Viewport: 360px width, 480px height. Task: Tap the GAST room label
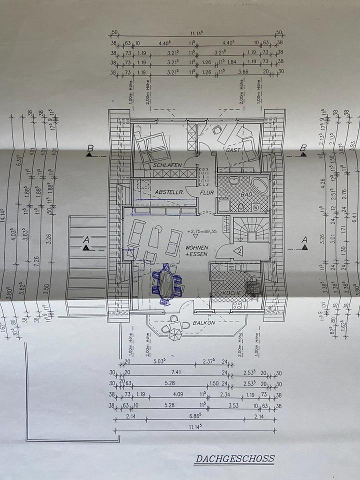(233, 149)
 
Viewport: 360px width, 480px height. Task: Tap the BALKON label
(204, 323)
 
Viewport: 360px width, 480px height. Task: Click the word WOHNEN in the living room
(197, 248)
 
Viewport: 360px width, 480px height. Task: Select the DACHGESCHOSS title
(234, 458)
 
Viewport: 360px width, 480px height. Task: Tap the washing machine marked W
(255, 207)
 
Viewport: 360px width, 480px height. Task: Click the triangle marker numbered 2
(239, 251)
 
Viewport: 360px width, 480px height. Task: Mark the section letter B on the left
(90, 148)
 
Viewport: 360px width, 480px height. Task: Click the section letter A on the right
(304, 240)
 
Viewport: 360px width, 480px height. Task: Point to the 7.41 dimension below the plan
(174, 372)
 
